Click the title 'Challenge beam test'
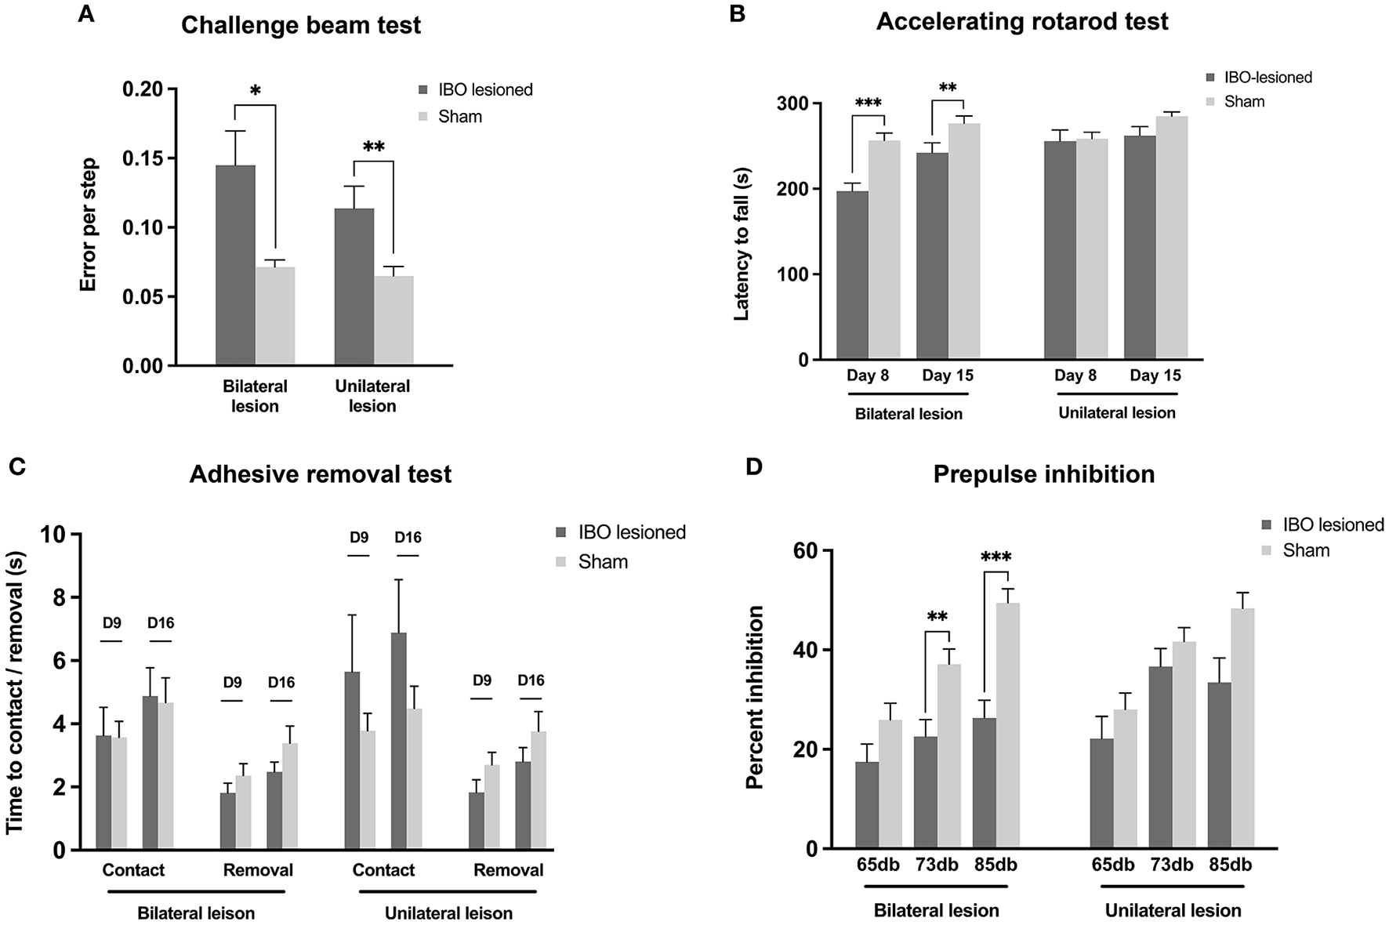(x=301, y=25)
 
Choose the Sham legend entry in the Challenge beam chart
(x=459, y=117)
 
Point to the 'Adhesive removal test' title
(x=321, y=474)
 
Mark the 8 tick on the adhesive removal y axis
(x=60, y=598)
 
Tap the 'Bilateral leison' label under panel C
(x=196, y=913)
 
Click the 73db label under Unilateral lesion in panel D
(x=1172, y=865)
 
